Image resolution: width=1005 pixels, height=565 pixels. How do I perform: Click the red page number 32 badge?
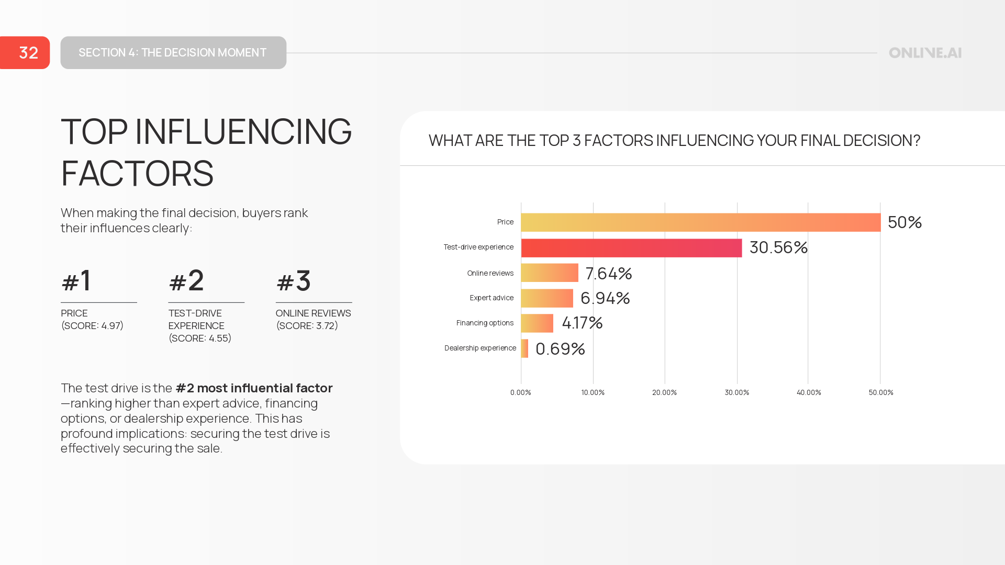pyautogui.click(x=25, y=52)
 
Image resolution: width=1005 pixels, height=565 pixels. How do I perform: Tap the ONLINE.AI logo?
pyautogui.click(x=925, y=53)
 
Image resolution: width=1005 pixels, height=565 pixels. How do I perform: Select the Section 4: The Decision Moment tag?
pyautogui.click(x=173, y=52)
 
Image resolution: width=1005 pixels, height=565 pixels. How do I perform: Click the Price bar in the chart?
pyautogui.click(x=700, y=222)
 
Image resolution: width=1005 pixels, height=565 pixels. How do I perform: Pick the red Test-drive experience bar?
pyautogui.click(x=631, y=248)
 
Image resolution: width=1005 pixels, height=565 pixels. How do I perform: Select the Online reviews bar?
pyautogui.click(x=550, y=273)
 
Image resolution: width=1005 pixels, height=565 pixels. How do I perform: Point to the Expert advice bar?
pyautogui.click(x=547, y=298)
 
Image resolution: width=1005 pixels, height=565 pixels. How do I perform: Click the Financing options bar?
pyautogui.click(x=537, y=323)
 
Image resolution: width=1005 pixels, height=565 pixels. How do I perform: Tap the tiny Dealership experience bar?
pyautogui.click(x=524, y=348)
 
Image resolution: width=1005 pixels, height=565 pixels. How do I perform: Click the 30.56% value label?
pyautogui.click(x=778, y=247)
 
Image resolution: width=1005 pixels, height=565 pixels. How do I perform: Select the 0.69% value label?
pyautogui.click(x=560, y=349)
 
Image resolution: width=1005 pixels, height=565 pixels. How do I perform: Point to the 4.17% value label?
pyautogui.click(x=582, y=323)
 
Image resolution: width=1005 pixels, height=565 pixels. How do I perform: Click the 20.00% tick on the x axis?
pyautogui.click(x=664, y=392)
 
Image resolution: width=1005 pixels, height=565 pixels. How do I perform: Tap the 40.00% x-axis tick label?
pyautogui.click(x=809, y=392)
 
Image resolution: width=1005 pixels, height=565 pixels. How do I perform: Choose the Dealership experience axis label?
pyautogui.click(x=480, y=348)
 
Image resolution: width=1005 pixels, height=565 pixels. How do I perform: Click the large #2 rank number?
pyautogui.click(x=186, y=281)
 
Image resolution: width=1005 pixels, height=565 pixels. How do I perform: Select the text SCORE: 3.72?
pyautogui.click(x=307, y=325)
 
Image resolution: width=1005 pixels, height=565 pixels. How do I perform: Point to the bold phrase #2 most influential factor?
pyautogui.click(x=254, y=388)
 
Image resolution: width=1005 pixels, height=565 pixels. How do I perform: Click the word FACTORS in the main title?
pyautogui.click(x=137, y=174)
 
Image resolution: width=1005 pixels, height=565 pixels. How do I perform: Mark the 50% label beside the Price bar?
pyautogui.click(x=904, y=222)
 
